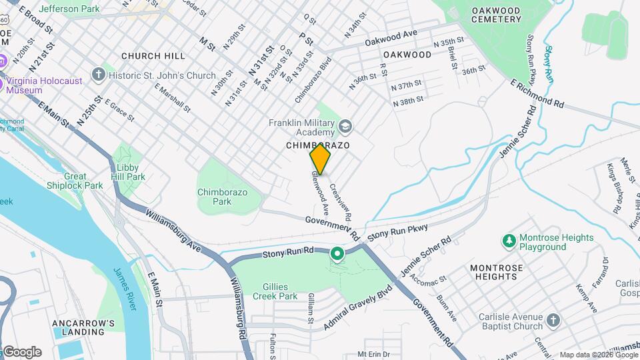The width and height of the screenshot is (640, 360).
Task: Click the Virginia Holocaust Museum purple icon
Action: click(x=2, y=62)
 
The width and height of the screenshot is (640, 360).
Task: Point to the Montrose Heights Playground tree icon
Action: click(x=509, y=239)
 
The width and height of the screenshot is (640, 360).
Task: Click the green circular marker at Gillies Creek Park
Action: click(x=337, y=253)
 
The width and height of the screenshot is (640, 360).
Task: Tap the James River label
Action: click(x=125, y=289)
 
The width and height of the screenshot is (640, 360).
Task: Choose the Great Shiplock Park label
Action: click(x=75, y=181)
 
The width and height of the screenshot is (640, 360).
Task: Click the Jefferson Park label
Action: click(x=69, y=9)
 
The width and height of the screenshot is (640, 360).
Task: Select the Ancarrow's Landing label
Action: click(x=83, y=327)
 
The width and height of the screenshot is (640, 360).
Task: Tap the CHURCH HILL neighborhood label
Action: click(x=148, y=56)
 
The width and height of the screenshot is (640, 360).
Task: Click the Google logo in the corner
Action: click(x=21, y=352)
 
